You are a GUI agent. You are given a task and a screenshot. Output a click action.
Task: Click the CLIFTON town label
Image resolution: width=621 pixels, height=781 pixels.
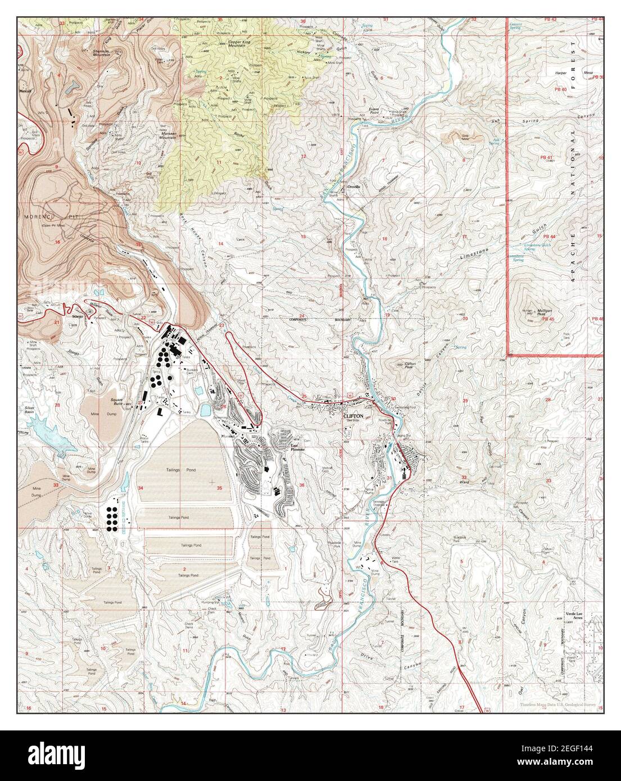[354, 416]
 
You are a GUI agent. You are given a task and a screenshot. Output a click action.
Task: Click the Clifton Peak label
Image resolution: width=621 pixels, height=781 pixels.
[414, 365]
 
